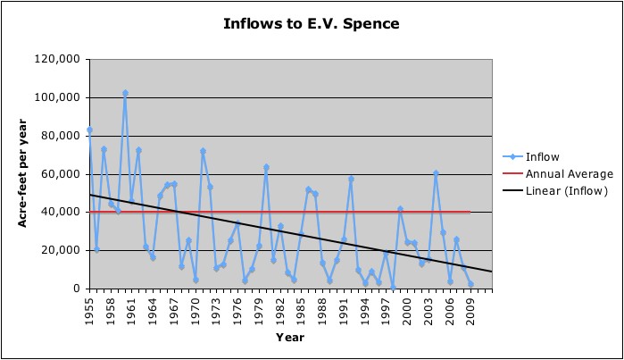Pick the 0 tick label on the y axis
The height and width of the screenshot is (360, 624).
[x=77, y=289]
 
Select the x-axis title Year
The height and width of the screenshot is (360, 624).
[x=290, y=338]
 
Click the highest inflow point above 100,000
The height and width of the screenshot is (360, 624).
[x=125, y=93]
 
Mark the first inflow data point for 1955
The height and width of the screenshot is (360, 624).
[x=89, y=130]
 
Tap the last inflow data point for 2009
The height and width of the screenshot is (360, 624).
[x=470, y=284]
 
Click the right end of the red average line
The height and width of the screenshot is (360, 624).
[x=470, y=213]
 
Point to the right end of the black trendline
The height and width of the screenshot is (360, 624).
[x=491, y=272]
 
